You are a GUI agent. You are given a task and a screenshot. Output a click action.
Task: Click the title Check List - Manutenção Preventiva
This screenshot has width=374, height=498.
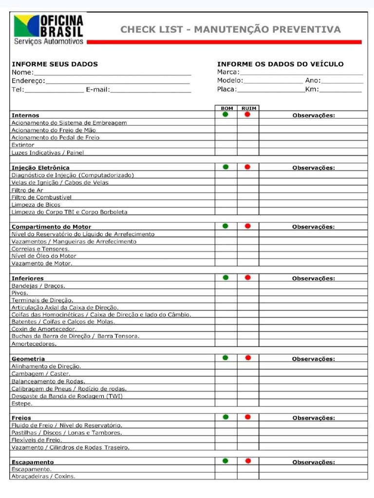230,30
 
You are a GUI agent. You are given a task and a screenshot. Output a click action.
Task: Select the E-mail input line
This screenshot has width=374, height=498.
150,90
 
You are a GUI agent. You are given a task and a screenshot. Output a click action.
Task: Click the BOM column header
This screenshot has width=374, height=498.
226,108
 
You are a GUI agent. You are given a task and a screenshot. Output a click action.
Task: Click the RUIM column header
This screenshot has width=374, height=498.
248,108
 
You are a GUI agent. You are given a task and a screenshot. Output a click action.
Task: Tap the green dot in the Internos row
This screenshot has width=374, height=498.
225,115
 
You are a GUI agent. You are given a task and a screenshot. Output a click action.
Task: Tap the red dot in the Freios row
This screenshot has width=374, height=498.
248,417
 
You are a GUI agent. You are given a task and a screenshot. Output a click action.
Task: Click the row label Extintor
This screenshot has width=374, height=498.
23,145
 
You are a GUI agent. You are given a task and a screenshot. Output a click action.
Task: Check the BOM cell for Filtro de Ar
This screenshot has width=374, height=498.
226,190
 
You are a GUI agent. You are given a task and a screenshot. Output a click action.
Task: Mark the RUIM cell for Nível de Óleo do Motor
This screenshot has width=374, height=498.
248,256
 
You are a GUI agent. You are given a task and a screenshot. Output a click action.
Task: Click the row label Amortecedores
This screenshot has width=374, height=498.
34,344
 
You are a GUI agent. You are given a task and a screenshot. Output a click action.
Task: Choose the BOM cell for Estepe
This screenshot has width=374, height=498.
226,403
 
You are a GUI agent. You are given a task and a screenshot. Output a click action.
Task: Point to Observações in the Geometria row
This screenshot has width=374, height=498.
314,359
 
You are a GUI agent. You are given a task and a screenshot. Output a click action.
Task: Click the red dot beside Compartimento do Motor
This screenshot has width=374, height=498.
248,226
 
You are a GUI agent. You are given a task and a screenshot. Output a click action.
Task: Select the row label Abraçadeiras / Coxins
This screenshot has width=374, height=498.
43,477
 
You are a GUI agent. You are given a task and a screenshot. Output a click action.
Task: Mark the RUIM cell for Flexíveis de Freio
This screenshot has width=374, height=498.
248,440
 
